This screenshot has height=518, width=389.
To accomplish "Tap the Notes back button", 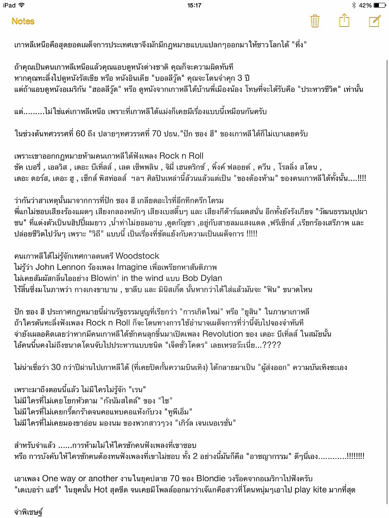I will click(x=23, y=21).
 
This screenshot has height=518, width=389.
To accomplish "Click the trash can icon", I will click(x=315, y=21).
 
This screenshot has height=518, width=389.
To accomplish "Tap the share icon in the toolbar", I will click(x=344, y=20).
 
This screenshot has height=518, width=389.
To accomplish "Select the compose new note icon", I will click(x=375, y=21).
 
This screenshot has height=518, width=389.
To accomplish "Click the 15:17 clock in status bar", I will click(x=194, y=5).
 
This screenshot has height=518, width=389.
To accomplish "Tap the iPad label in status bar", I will click(x=9, y=5).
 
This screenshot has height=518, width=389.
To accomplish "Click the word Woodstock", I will click(x=137, y=256).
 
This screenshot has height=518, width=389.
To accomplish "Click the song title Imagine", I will click(x=132, y=267).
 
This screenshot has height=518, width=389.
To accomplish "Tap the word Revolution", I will click(x=222, y=334).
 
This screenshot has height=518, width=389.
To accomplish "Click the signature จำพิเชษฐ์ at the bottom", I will click(x=28, y=512).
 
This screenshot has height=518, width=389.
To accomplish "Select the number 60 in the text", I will click(x=81, y=134).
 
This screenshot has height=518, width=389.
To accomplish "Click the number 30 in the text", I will click(x=56, y=367).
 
